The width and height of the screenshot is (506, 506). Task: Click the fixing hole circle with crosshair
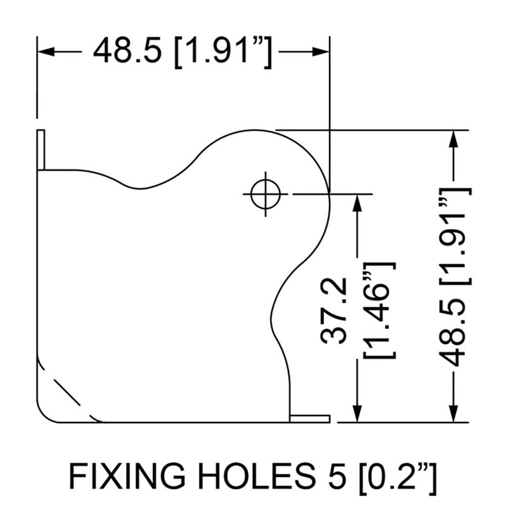point(266,194)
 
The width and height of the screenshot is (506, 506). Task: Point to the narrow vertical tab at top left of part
point(40,149)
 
